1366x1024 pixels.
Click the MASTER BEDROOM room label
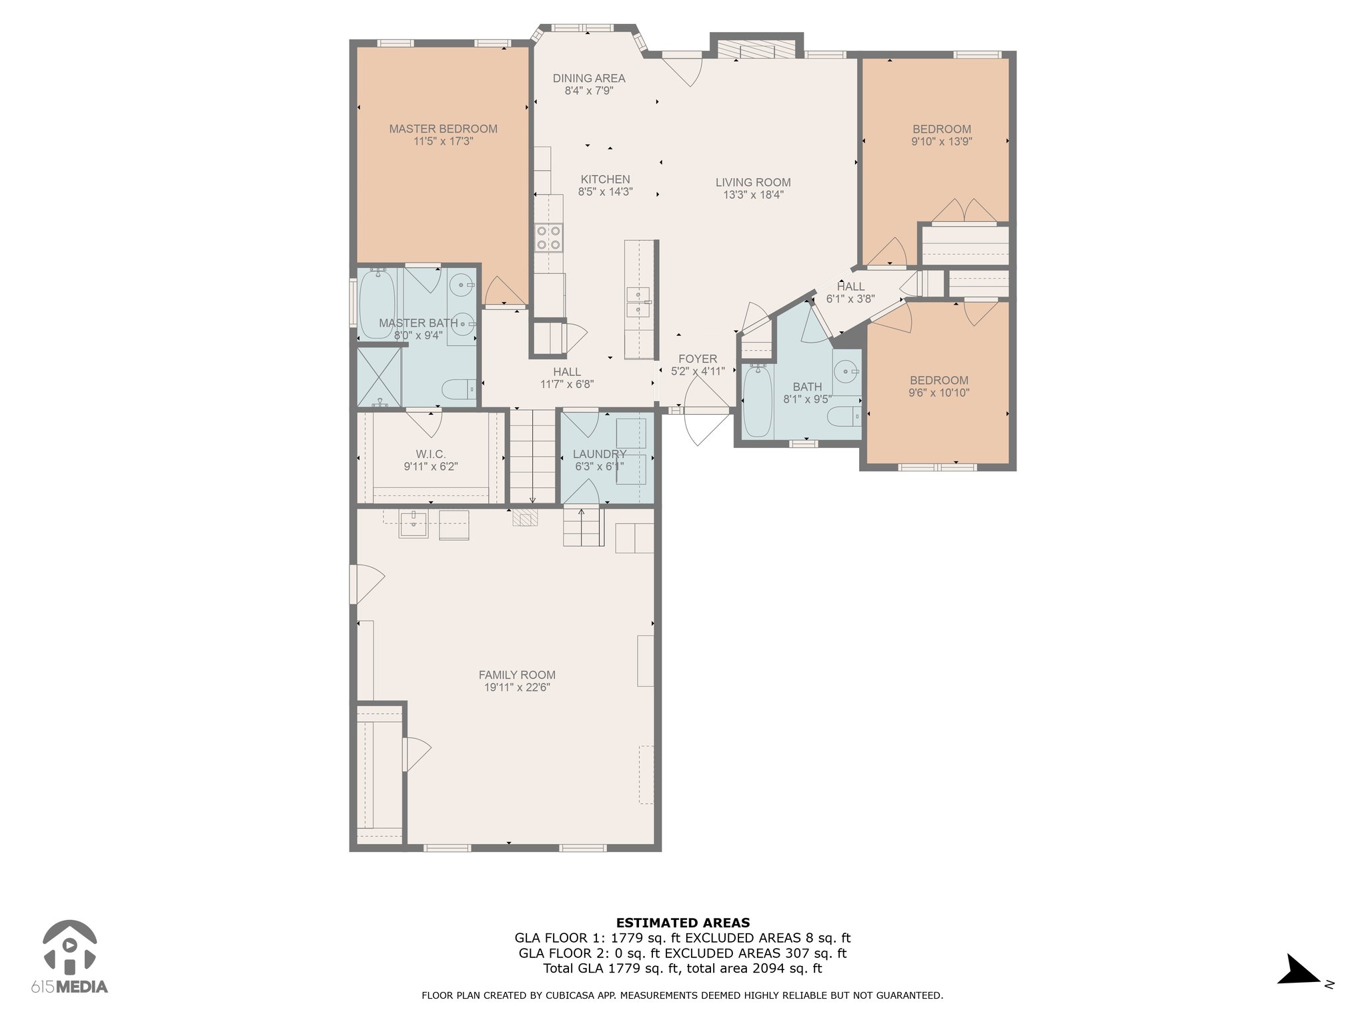pyautogui.click(x=443, y=129)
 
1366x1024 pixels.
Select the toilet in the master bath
pyautogui.click(x=459, y=389)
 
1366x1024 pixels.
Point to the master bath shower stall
pyautogui.click(x=380, y=377)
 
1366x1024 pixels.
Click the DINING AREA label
pyautogui.click(x=589, y=78)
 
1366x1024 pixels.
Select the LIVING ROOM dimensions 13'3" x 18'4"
pyautogui.click(x=753, y=195)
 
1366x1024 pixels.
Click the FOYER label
pyautogui.click(x=698, y=359)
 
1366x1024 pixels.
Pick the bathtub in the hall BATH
pyautogui.click(x=757, y=401)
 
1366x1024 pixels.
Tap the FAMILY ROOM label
pyautogui.click(x=517, y=675)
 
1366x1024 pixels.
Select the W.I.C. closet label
pyautogui.click(x=431, y=454)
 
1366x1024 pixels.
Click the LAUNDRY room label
pyautogui.click(x=600, y=454)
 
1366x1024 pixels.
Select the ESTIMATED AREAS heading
pyautogui.click(x=683, y=923)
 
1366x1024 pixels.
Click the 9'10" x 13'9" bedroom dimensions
pyautogui.click(x=942, y=141)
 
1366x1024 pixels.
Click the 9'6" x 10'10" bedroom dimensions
pyautogui.click(x=939, y=393)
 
